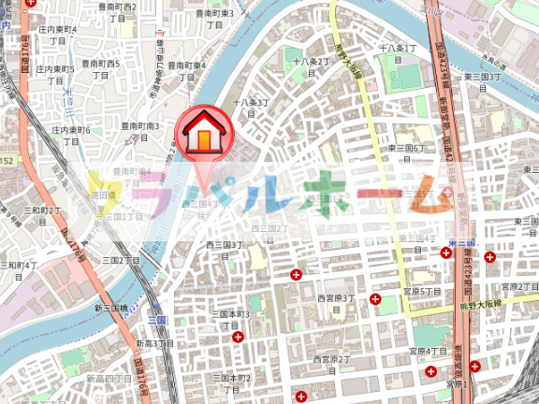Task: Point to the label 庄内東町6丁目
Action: (x=65, y=135)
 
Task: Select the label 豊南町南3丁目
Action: (x=139, y=131)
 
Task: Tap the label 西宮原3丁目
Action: (x=334, y=303)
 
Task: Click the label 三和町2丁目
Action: (x=42, y=216)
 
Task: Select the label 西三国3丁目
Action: (x=225, y=250)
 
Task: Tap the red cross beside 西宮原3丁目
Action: (x=375, y=299)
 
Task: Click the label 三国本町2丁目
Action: (x=232, y=383)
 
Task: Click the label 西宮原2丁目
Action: (x=331, y=364)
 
